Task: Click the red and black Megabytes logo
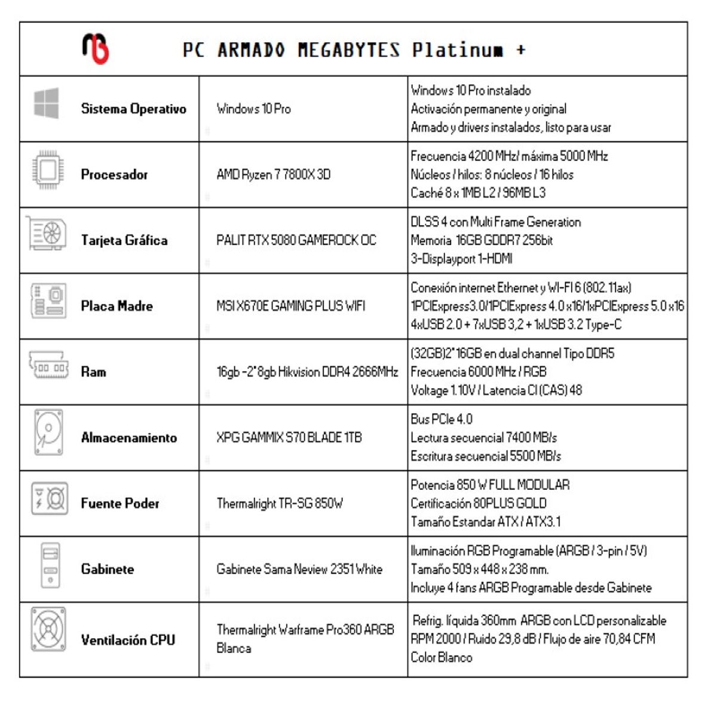click(95, 48)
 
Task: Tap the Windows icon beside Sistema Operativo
click(47, 103)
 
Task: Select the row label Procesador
click(114, 174)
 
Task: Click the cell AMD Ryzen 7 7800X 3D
click(273, 174)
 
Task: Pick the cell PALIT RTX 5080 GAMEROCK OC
click(296, 240)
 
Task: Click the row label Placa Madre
click(117, 306)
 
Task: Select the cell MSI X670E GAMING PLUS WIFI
click(290, 306)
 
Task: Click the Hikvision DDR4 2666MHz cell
click(307, 372)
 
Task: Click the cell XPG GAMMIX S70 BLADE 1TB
click(289, 437)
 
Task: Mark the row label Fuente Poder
click(119, 503)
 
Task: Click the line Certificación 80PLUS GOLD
click(478, 503)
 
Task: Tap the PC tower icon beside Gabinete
click(50, 564)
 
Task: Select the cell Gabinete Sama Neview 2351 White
click(299, 569)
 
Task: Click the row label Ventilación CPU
click(128, 640)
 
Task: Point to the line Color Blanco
click(441, 657)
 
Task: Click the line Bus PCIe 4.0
click(441, 419)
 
